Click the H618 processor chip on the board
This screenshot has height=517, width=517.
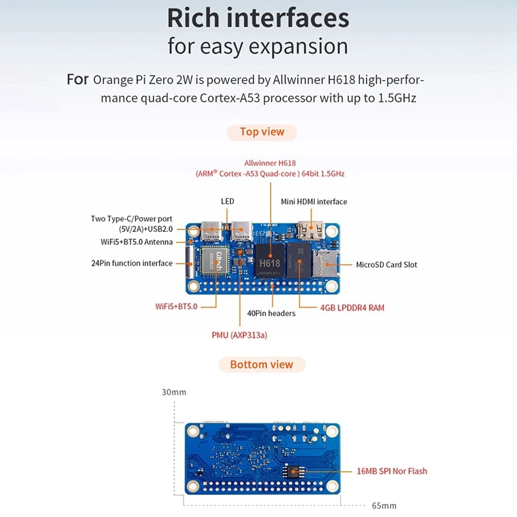[269, 263]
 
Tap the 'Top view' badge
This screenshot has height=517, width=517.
[262, 132]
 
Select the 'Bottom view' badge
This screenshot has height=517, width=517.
[261, 364]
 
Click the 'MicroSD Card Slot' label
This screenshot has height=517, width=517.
[386, 265]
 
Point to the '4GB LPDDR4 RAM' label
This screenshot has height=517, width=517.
[352, 308]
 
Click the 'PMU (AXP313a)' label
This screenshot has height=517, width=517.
[239, 335]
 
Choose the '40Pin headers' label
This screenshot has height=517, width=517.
[271, 313]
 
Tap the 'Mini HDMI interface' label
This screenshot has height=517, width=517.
[313, 202]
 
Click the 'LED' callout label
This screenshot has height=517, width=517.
[227, 202]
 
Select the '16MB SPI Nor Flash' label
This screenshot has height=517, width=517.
[392, 471]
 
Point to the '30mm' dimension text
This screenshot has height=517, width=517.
[174, 392]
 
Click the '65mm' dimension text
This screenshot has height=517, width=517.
[384, 505]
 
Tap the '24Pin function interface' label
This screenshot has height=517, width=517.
[132, 263]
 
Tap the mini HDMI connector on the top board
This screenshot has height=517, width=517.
[311, 229]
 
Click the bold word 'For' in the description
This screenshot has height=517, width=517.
[78, 81]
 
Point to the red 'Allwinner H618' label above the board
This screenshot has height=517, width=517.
[270, 163]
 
